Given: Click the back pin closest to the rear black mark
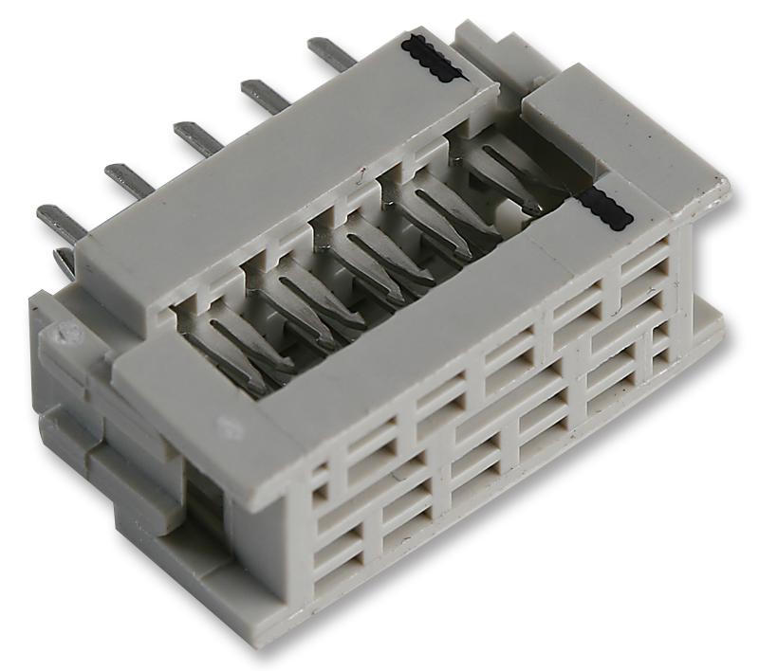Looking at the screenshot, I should [x=333, y=53].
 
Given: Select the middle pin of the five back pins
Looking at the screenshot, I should [x=198, y=138].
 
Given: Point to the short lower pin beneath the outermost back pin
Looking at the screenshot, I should [x=65, y=262].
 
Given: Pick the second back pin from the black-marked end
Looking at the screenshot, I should [x=266, y=96].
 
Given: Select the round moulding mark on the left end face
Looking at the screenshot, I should [x=66, y=333].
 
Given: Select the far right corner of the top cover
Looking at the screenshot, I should [x=726, y=185].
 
